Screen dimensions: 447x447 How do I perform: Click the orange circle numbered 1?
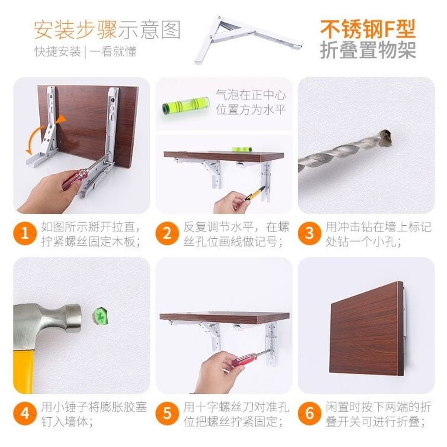[x=25, y=233]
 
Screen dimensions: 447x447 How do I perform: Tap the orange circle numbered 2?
[x=167, y=233]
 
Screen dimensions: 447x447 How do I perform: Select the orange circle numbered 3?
[x=309, y=233]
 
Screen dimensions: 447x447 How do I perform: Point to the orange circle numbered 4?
[x=25, y=413]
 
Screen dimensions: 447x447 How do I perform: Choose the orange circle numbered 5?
[x=167, y=413]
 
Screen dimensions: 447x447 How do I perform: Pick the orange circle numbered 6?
[x=309, y=413]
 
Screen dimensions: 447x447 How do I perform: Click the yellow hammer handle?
[x=24, y=372]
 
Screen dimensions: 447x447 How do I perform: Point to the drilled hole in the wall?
[x=387, y=138]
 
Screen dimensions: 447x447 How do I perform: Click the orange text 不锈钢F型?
[x=368, y=29]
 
